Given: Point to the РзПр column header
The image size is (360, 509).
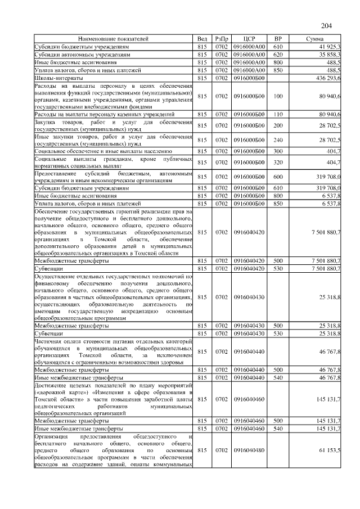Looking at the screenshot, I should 220,39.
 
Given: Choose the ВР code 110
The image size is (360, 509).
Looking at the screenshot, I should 277,114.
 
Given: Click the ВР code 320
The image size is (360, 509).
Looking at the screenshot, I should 277,163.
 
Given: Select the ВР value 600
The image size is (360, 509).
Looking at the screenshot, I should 277,177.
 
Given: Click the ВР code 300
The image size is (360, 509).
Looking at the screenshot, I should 277,151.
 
